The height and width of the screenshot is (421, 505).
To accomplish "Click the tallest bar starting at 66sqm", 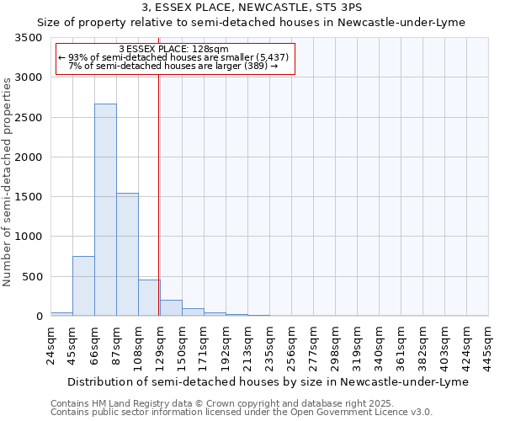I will tap(105, 210).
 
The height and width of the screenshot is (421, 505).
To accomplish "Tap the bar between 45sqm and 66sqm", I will tap(83, 286).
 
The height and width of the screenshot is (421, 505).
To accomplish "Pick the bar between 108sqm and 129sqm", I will tap(149, 298).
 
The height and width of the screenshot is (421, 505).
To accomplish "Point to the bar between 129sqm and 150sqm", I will tap(171, 308).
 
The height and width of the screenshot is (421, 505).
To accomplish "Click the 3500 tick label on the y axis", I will tap(29, 38).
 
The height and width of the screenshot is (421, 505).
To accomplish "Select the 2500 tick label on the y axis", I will tap(29, 118).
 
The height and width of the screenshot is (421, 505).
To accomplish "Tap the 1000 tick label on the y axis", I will tap(29, 237).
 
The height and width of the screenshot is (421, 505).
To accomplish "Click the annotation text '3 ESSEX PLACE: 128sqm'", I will tap(174, 50).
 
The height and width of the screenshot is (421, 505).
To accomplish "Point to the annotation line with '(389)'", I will tap(173, 66).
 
